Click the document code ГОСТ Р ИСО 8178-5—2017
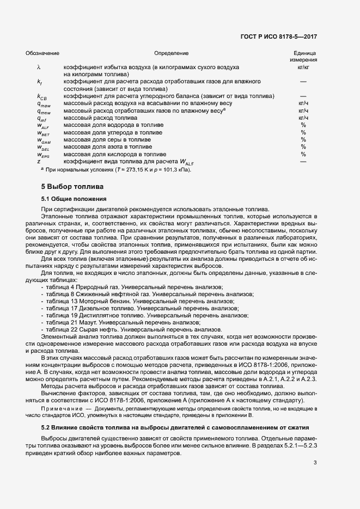click(x=278, y=36)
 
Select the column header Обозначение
click(x=42, y=53)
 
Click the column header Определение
click(x=171, y=53)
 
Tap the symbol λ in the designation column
click(x=39, y=67)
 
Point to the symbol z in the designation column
click(x=39, y=162)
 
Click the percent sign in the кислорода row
click(x=303, y=154)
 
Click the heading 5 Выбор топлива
click(x=65, y=187)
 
